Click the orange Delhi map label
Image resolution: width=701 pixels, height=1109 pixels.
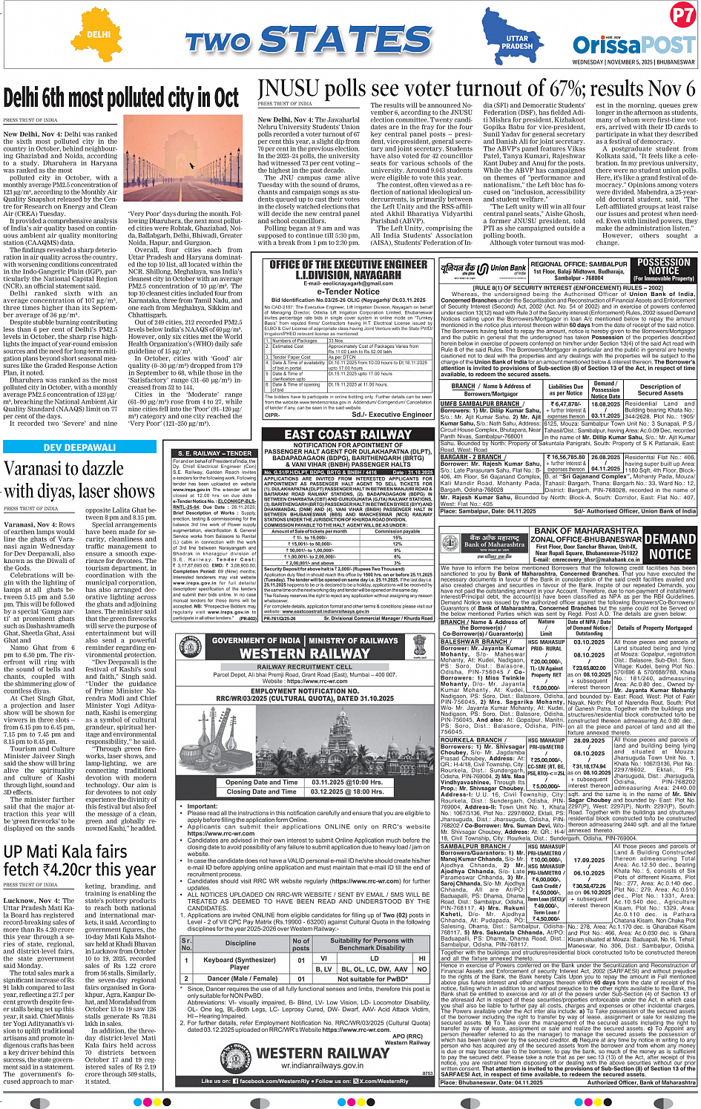coord(99,34)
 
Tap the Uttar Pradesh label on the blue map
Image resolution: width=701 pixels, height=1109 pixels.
coord(517,42)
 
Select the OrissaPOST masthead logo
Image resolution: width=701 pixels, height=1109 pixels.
coord(633,44)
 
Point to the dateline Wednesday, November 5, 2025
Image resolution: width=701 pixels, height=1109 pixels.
coord(633,62)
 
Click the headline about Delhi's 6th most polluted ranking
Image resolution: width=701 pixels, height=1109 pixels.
coord(122,98)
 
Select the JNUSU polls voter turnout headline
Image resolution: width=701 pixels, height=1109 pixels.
coord(476,89)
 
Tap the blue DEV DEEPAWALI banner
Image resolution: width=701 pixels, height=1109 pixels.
coord(79,447)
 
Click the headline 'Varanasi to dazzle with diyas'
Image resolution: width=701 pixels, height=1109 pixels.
coord(79,480)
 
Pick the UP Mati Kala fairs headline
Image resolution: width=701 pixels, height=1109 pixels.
coord(79,860)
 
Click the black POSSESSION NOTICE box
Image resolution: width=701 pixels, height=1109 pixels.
coord(663,269)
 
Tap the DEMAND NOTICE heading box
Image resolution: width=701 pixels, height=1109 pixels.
coord(670,546)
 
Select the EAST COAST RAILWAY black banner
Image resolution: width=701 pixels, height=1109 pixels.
coord(348,435)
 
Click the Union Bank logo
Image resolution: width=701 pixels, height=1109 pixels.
coord(484,269)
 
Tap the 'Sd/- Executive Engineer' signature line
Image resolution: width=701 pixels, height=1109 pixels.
coord(391,415)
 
